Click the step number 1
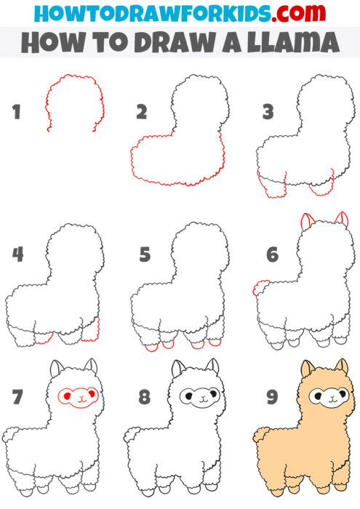coord(16,113)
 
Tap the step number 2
coord(142,113)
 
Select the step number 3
coord(268,113)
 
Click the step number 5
coord(145,256)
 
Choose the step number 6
coord(272,256)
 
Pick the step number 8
coord(145,398)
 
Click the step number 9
coord(272,398)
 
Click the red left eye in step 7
coord(67,395)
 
